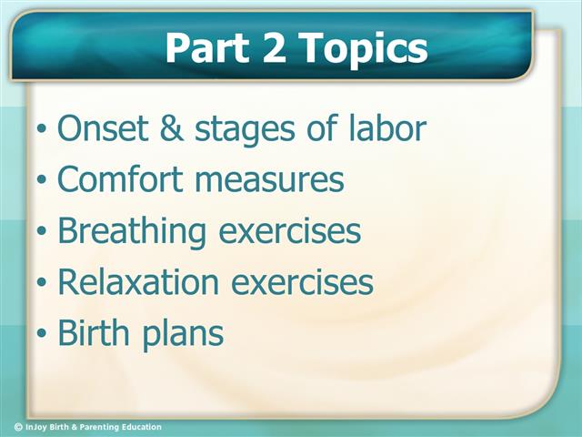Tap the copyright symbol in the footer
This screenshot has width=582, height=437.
[18, 427]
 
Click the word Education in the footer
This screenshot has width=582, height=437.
[138, 427]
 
